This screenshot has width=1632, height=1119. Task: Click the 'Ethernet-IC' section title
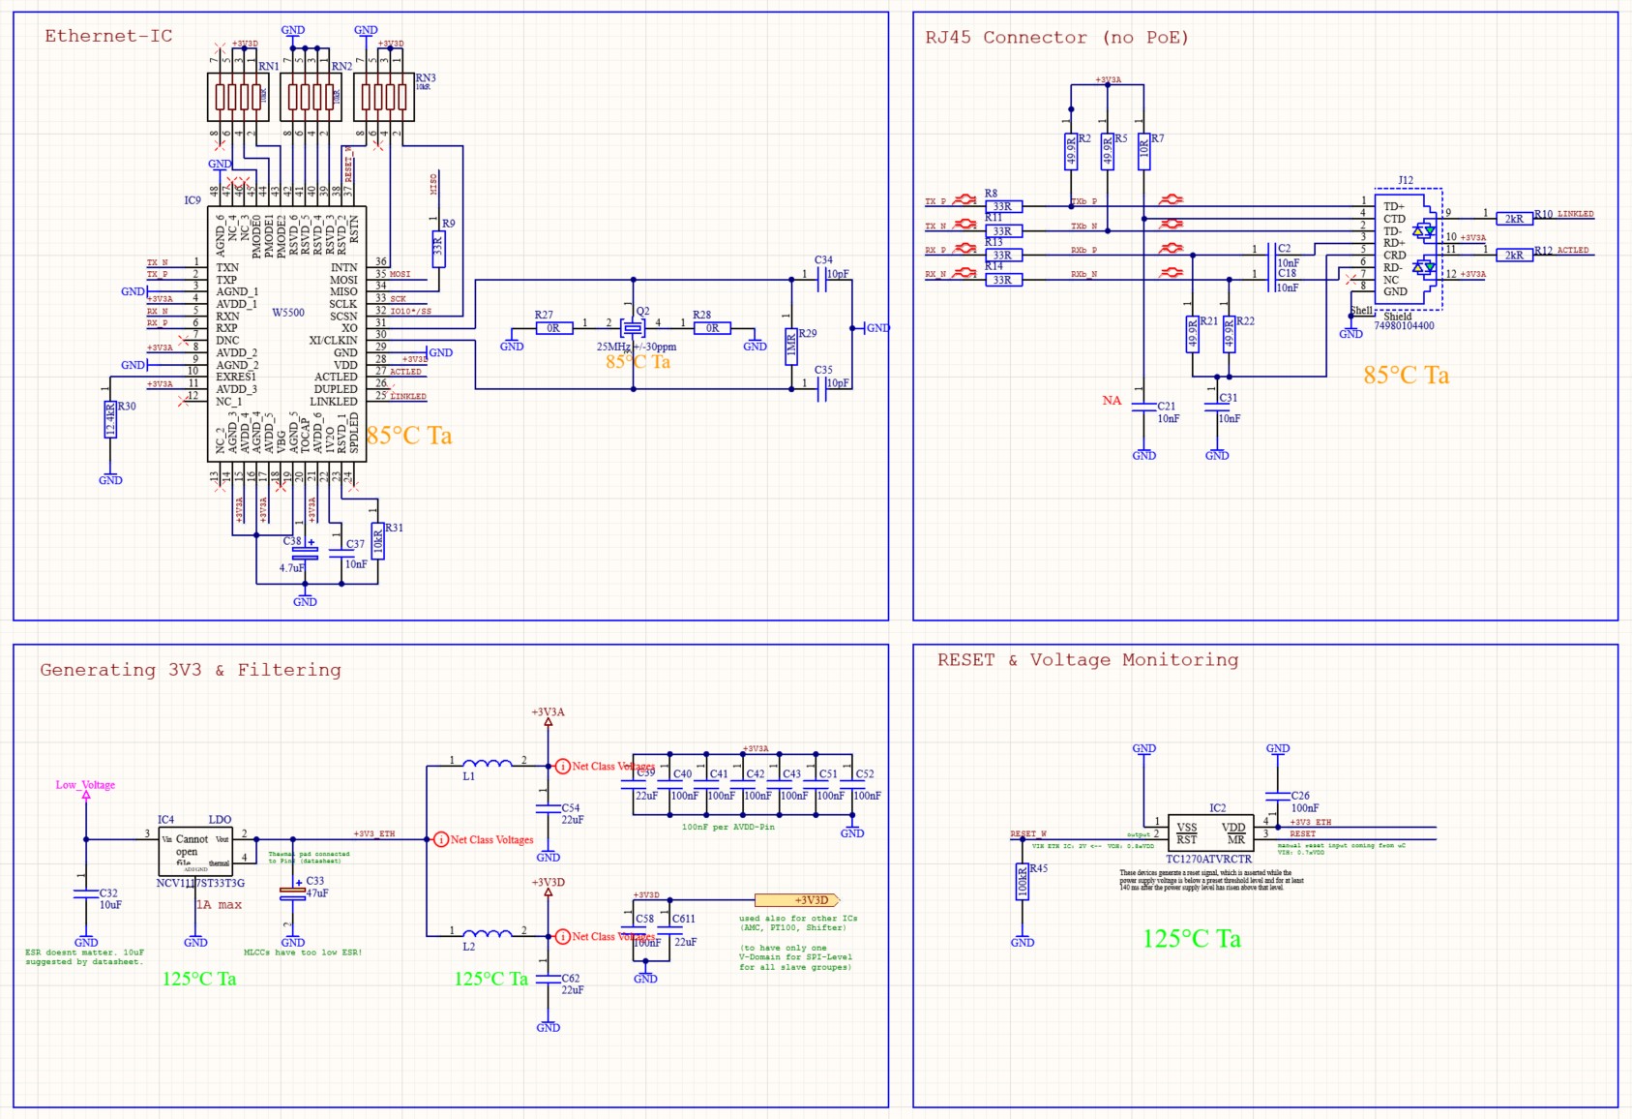point(108,37)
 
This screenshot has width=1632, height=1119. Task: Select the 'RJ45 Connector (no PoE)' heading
point(1055,38)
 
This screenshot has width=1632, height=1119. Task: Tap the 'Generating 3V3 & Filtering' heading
point(190,670)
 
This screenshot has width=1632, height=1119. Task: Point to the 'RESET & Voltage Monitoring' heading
point(1087,660)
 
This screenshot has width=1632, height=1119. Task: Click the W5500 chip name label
point(288,313)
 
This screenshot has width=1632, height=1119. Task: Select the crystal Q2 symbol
point(633,328)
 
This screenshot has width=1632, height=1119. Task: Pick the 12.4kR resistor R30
point(110,419)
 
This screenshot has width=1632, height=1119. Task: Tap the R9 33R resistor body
point(438,249)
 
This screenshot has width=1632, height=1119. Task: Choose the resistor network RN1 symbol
point(238,97)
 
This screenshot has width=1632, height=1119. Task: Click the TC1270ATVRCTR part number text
point(1208,860)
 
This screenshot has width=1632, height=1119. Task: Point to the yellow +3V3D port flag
point(796,900)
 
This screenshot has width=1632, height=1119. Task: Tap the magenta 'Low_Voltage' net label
point(85,785)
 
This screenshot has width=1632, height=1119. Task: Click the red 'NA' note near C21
point(1112,401)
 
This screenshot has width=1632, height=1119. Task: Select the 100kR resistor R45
point(1023,882)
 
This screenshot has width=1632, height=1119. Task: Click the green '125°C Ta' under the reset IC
point(1191,939)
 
